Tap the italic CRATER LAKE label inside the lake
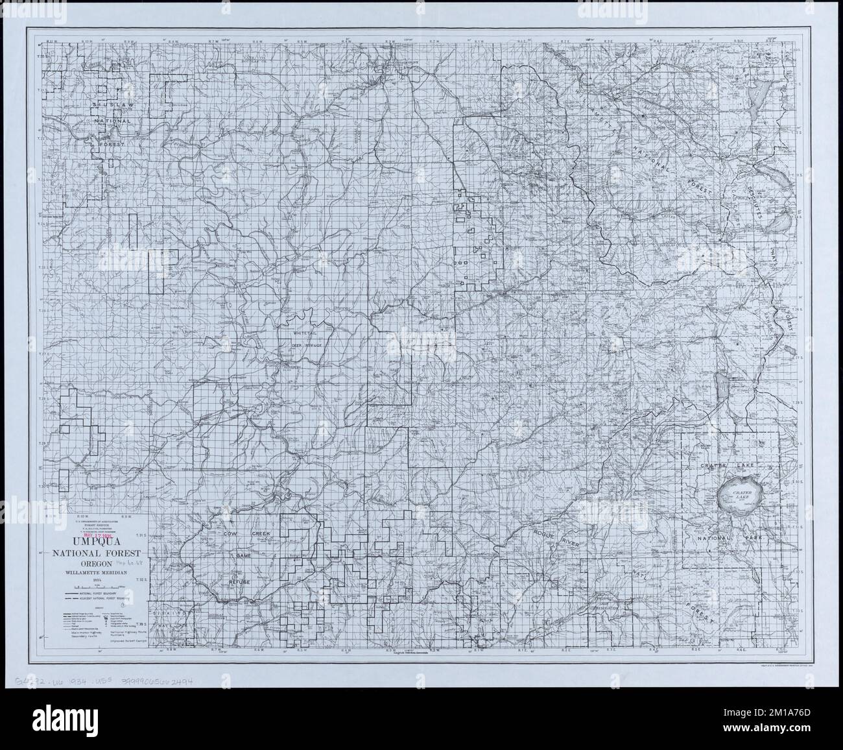(741, 496)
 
